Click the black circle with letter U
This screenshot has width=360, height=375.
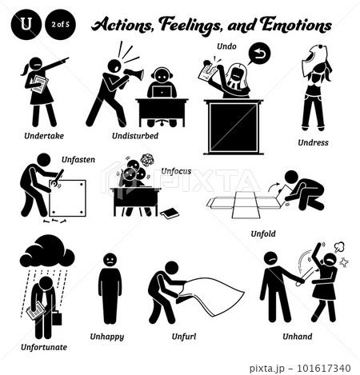pyautogui.click(x=26, y=25)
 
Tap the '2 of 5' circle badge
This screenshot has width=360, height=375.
pyautogui.click(x=61, y=25)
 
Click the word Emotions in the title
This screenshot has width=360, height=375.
pyautogui.click(x=296, y=26)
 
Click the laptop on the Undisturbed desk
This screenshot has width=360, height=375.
pyautogui.click(x=162, y=91)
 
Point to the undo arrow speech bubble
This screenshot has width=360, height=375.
pyautogui.click(x=258, y=54)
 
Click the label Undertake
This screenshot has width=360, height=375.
pyautogui.click(x=44, y=136)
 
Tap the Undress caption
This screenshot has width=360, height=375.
pyautogui.click(x=313, y=142)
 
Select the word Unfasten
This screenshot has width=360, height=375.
pyautogui.click(x=78, y=160)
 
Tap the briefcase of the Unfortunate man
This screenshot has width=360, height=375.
pyautogui.click(x=57, y=318)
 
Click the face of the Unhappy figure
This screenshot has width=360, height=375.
pyautogui.click(x=110, y=259)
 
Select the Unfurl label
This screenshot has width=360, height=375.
pyautogui.click(x=184, y=337)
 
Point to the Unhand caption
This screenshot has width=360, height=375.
pyautogui.click(x=298, y=337)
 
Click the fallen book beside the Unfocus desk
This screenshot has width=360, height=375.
pyautogui.click(x=170, y=213)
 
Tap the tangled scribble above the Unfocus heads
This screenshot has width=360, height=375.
pyautogui.click(x=146, y=160)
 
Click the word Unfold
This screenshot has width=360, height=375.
pyautogui.click(x=263, y=233)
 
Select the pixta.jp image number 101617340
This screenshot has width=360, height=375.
pyautogui.click(x=324, y=368)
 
